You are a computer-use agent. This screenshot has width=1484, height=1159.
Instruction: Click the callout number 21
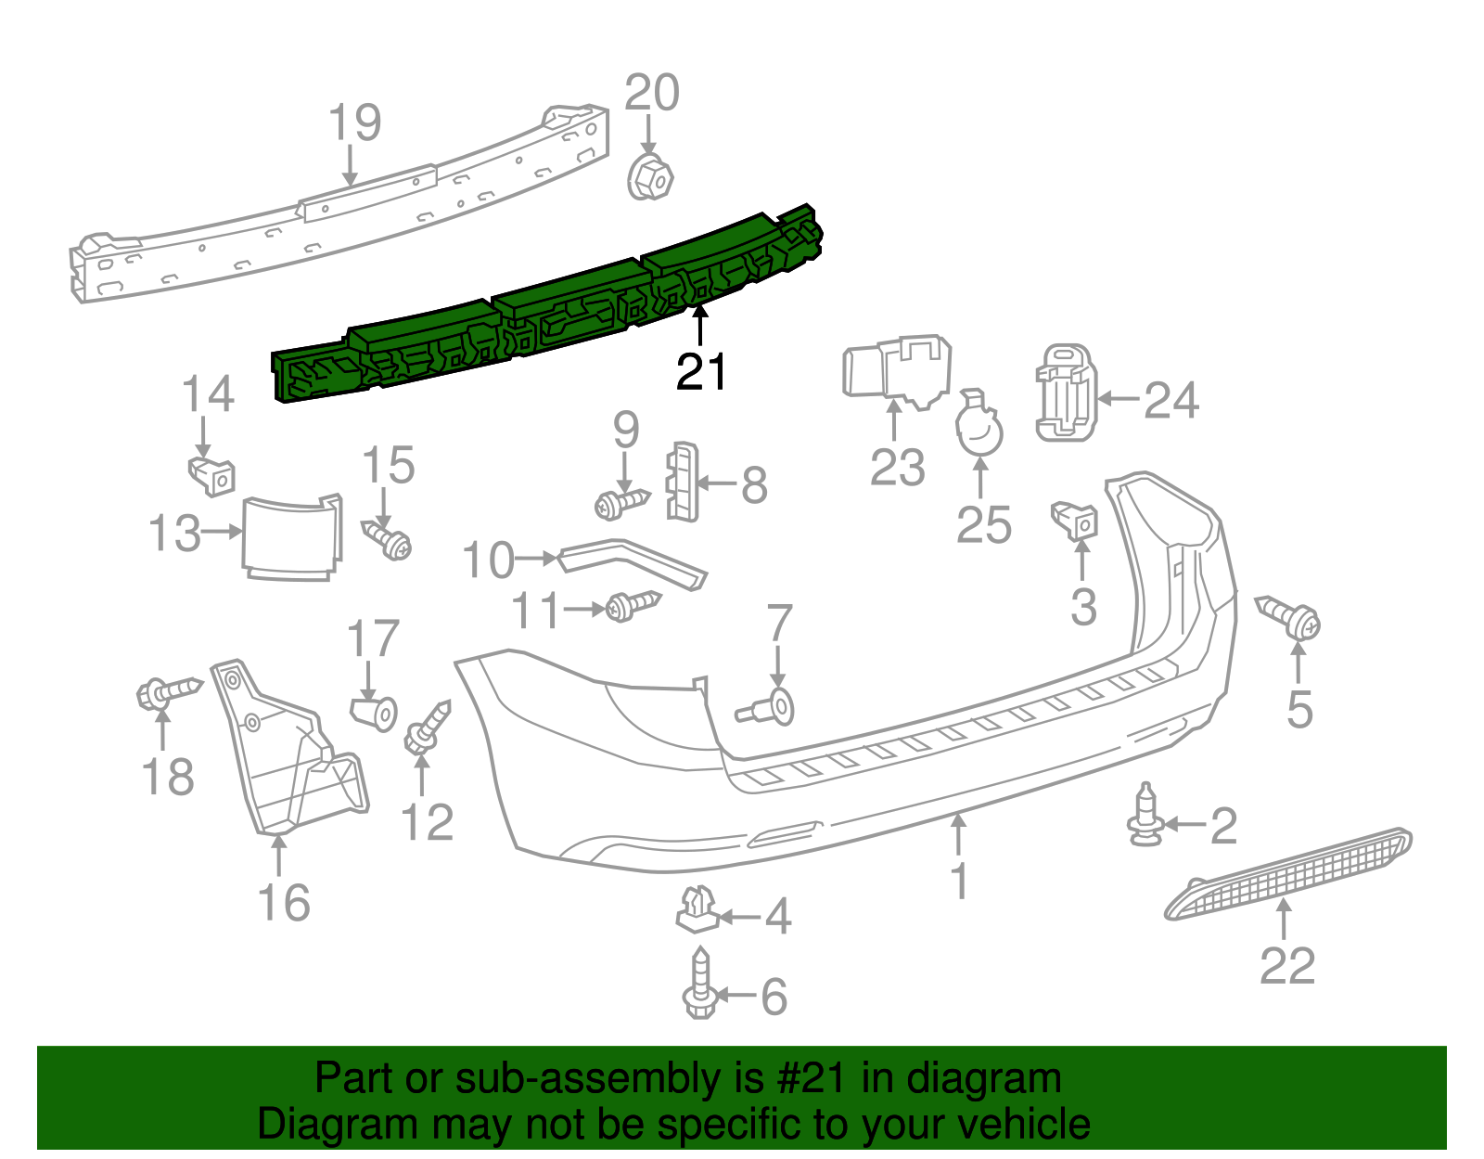pyautogui.click(x=701, y=372)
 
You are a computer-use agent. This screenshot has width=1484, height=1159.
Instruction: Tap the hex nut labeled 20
pyautogui.click(x=650, y=177)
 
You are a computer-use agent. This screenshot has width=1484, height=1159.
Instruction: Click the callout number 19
pyautogui.click(x=355, y=122)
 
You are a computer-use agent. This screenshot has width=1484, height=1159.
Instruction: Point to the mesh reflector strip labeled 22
pyautogui.click(x=1289, y=873)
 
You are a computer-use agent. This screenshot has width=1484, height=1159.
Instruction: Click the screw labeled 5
pyautogui.click(x=1290, y=616)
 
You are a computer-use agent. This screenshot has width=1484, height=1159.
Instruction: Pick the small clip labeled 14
pyautogui.click(x=212, y=475)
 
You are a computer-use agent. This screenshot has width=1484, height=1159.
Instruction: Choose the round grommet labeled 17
pyautogui.click(x=376, y=713)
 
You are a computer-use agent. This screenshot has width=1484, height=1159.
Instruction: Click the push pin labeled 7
pyautogui.click(x=769, y=710)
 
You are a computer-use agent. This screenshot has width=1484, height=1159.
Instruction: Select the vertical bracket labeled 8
pyautogui.click(x=682, y=482)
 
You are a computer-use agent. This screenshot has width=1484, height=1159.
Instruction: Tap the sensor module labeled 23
pyautogui.click(x=895, y=371)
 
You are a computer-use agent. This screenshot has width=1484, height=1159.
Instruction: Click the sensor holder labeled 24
pyautogui.click(x=1066, y=393)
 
